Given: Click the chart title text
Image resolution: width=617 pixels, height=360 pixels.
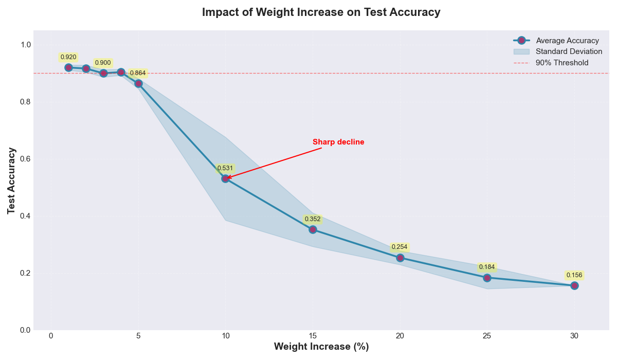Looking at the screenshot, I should point(321,12).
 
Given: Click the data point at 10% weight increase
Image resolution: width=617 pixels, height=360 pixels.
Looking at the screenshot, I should point(225,178).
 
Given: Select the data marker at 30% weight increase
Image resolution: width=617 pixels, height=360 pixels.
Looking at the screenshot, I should point(574,285).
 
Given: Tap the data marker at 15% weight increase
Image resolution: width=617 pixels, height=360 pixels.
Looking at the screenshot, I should point(313,229).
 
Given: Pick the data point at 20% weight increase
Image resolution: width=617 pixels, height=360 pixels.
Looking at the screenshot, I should point(400,258).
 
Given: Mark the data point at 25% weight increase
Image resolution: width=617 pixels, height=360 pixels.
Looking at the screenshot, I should point(487,278).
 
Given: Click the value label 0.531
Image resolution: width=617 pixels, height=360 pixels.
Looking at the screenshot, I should point(225,168).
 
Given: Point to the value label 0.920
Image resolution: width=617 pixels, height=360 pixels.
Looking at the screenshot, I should point(68,57).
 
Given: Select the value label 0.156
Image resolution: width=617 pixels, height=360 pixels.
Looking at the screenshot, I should point(574,275).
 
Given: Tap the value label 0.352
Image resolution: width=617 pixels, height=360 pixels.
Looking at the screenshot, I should point(313,219).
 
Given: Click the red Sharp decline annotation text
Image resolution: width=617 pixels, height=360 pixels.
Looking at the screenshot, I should point(338,142).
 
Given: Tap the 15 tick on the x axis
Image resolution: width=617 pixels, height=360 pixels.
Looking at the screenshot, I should point(313,336).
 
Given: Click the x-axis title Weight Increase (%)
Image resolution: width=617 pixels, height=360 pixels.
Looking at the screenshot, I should point(321,347).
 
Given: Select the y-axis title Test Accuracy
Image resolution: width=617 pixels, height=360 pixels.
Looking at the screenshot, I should point(12,181).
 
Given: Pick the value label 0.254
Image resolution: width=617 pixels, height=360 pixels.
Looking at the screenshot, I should point(400,247).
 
